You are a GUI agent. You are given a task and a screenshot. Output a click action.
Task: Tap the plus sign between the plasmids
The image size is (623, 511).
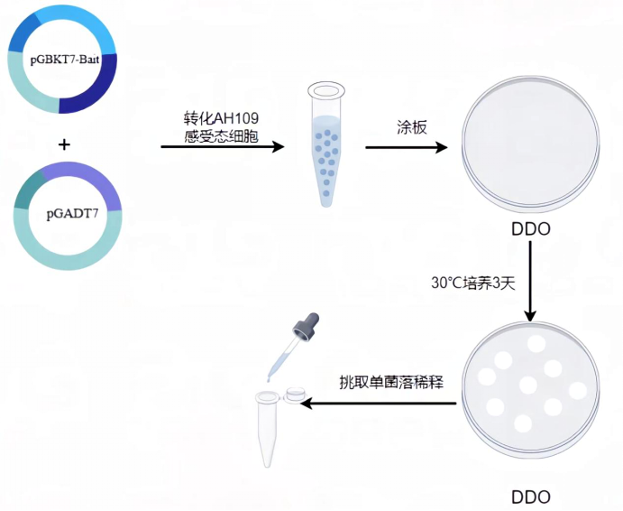point(63,144)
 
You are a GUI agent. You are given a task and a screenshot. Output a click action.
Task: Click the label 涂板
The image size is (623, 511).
point(411,126)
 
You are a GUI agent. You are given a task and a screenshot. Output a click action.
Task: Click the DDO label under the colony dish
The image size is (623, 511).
point(530,497)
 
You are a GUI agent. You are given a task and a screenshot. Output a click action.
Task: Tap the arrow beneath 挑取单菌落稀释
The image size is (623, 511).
point(379,404)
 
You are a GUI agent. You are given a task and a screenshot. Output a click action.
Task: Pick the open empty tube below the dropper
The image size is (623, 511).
point(268,429)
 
